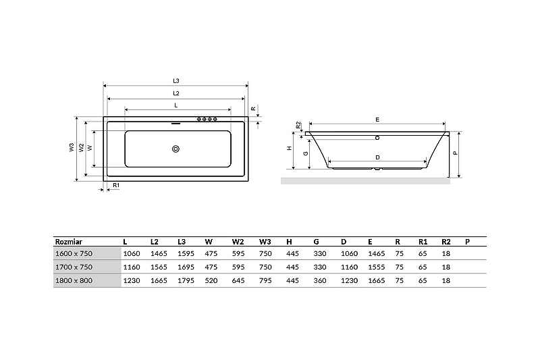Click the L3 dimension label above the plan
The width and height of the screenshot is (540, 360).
click(x=176, y=81)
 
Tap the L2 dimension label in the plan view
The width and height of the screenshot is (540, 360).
click(x=176, y=93)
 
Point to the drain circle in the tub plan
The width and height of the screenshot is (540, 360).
click(x=175, y=149)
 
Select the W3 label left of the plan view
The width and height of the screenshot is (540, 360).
click(x=72, y=147)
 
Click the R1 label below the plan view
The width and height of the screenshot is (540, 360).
click(x=116, y=185)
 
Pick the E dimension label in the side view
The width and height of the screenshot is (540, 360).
click(x=377, y=120)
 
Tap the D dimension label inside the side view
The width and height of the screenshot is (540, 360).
click(x=377, y=158)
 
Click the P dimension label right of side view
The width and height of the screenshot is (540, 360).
click(x=455, y=153)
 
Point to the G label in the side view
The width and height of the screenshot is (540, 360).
click(x=306, y=153)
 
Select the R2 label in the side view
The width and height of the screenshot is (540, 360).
click(x=298, y=125)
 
